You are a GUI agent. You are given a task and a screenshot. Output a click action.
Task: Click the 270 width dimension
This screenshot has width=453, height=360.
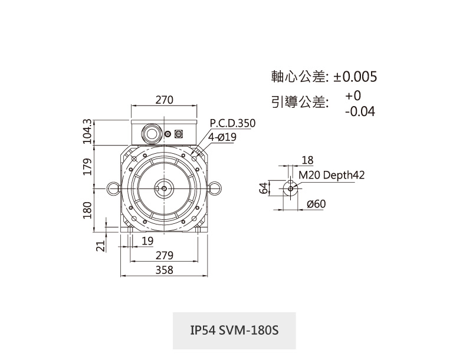coord(164,100)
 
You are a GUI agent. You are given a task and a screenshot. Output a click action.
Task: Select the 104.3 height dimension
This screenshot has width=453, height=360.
coord(87,131)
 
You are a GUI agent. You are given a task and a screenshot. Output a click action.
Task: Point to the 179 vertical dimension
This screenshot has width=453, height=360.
coord(87,166)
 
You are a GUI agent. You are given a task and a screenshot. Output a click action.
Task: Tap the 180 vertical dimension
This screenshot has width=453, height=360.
coord(87,209)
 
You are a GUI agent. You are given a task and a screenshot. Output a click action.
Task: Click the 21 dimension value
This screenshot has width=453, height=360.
coord(100,245)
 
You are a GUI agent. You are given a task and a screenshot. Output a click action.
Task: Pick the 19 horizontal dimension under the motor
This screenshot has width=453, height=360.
coord(147,241)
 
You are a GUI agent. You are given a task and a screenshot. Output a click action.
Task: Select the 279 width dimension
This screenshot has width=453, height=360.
coord(164,256)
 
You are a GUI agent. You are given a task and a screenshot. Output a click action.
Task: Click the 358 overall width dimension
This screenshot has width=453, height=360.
coord(164,270)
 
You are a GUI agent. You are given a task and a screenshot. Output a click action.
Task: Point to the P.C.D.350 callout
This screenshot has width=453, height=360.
coord(232,124)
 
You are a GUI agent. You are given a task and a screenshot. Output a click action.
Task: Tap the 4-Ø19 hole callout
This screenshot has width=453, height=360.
coord(222,137)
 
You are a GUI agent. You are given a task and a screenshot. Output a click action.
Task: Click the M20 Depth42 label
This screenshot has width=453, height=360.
coord(331,175)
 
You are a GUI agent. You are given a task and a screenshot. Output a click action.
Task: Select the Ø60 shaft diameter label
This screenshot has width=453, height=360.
coord(317,204)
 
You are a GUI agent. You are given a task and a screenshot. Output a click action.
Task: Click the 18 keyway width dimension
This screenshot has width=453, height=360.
coord(307,160)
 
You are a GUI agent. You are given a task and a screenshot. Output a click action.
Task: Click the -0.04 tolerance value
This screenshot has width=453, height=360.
coord(360,111)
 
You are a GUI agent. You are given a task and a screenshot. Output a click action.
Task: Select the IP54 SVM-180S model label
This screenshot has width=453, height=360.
coord(234,331)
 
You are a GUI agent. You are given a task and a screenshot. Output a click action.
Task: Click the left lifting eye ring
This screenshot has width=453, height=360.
coord(112,188)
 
